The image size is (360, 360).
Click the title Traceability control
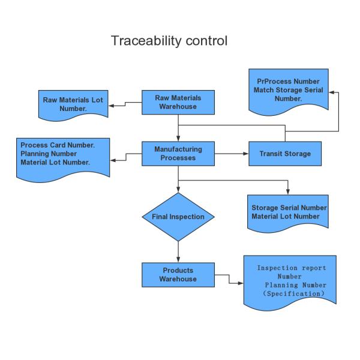[169, 41]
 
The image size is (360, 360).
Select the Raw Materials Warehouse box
[178, 103]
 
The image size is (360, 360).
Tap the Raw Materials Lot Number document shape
[73, 103]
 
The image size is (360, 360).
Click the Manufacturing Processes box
[178, 153]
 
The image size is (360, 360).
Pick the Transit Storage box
[285, 154]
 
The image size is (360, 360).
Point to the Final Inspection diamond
[178, 217]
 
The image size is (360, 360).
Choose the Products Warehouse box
[178, 274]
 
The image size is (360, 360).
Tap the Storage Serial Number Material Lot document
[287, 211]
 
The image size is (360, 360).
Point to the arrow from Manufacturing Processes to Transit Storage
[231, 154]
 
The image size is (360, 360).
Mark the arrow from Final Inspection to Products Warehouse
[178, 251]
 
